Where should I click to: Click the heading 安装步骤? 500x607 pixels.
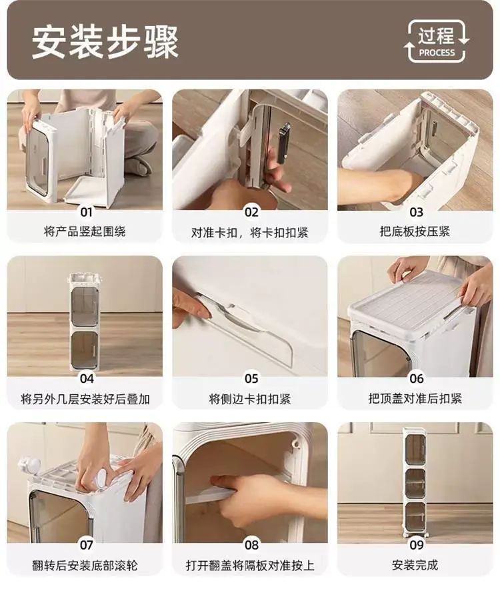pos(105,41)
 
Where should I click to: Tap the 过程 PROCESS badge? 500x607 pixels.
pos(437,41)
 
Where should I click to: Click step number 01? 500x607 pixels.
pos(87,212)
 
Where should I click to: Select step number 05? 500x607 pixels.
pos(251,379)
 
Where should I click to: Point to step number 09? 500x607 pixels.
pos(417,545)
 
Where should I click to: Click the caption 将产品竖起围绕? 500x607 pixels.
pos(85,232)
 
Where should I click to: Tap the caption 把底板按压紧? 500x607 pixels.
pos(415,231)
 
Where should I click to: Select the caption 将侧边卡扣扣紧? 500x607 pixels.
pos(250,399)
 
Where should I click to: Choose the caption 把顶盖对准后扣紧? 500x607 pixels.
pos(415,398)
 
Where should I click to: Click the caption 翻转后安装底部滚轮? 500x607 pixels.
pos(85,566)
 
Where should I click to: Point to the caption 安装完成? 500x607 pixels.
pos(415,565)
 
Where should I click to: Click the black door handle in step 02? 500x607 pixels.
pos(283,143)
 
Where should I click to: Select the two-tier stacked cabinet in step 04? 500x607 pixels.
pos(85,324)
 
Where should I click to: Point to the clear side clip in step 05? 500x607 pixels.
pos(242,326)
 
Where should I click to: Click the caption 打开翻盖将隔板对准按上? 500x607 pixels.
pos(250,566)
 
